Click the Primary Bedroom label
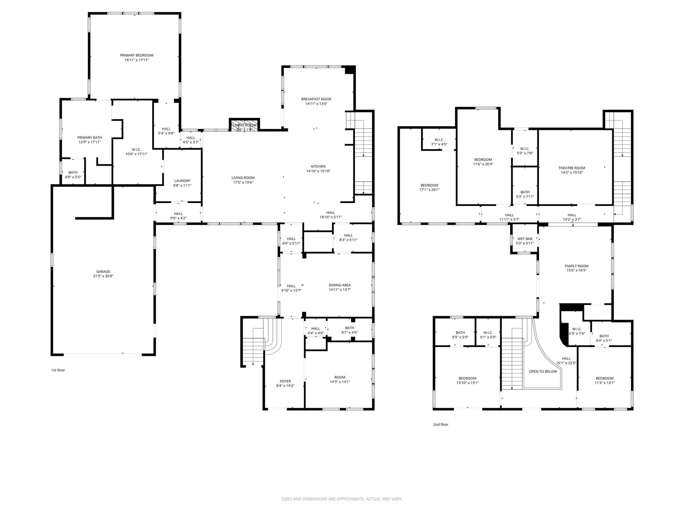137,55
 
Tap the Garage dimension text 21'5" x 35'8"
103,276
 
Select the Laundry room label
182,181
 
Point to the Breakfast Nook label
316,99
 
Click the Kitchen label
318,166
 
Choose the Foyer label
285,381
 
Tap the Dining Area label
339,285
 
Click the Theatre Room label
571,168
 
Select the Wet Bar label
524,239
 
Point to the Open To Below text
543,371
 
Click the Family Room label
576,266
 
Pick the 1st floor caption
58,370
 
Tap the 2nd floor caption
441,424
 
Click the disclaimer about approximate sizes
342,499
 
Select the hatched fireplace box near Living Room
244,125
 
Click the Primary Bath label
90,138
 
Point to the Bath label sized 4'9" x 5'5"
73,173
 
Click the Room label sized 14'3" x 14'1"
340,377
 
